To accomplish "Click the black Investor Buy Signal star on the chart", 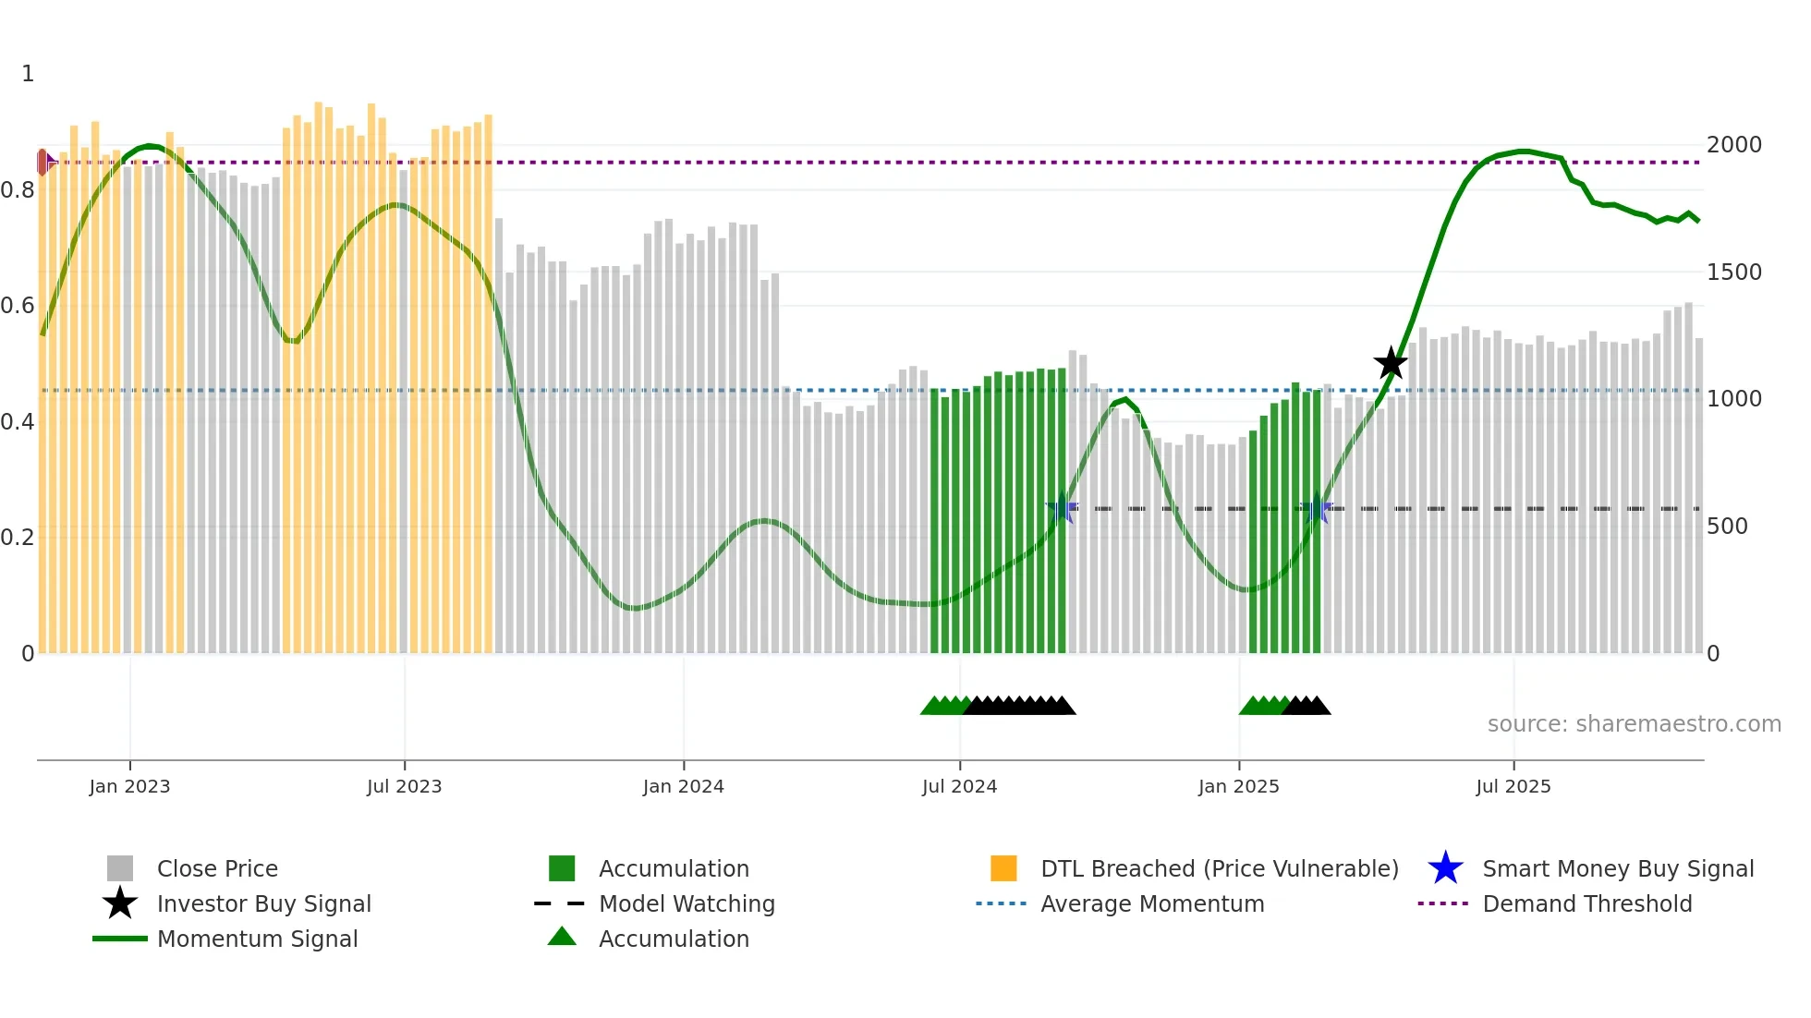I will (1390, 364).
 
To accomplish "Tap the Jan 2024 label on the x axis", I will (683, 786).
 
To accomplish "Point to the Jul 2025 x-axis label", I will (1513, 786).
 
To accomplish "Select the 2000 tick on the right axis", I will (1733, 145).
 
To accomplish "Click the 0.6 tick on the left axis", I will (18, 306).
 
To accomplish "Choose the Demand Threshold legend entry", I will (1586, 903).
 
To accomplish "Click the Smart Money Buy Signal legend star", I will (1445, 868).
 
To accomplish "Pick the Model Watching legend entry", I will (686, 903).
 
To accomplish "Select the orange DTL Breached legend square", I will (1003, 868).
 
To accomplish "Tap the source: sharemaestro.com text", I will (1634, 724).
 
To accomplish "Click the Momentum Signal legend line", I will (120, 939).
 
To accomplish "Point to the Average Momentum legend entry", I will (1151, 903).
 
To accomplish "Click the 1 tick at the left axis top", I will (28, 74).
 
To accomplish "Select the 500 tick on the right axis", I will (1727, 527).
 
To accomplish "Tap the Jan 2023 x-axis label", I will (129, 786).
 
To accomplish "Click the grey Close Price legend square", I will (120, 868).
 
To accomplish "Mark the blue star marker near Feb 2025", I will (1316, 509).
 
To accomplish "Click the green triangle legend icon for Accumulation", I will (562, 937).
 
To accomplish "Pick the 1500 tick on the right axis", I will (1733, 273).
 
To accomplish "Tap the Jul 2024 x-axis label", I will (959, 786).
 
